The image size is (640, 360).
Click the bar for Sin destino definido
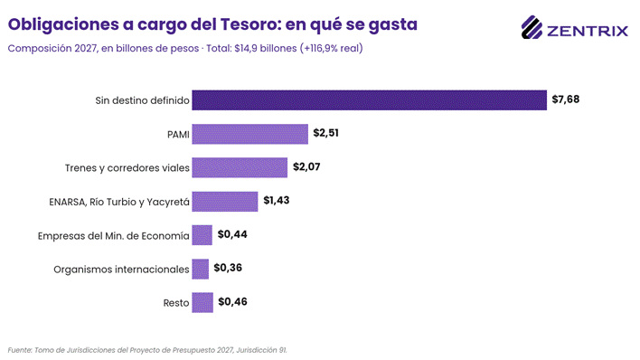click(370, 100)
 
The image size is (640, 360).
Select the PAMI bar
click(250, 134)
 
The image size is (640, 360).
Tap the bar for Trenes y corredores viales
click(240, 167)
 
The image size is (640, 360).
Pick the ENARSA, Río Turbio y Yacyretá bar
click(225, 202)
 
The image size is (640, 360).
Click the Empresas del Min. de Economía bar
click(202, 235)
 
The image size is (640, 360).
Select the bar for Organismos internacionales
click(201, 269)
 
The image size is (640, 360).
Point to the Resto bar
click(202, 303)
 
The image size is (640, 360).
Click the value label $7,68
click(565, 99)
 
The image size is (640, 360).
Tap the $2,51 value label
click(325, 133)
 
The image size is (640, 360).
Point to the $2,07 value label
click(306, 166)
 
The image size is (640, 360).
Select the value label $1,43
click(277, 200)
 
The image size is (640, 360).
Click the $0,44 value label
click(232, 234)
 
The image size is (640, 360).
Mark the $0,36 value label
click(228, 268)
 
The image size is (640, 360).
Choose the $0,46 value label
click(232, 301)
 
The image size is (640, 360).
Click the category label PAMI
click(178, 135)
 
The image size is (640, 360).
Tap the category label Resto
click(176, 303)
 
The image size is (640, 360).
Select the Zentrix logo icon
click(532, 27)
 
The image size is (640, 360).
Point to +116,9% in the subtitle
click(321, 48)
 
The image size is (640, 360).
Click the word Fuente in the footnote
click(20, 350)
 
